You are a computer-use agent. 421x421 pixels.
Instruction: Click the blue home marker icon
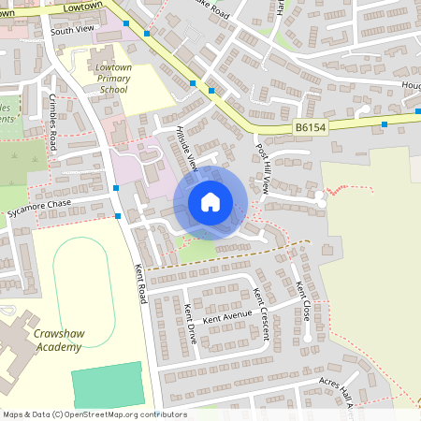pos(210,201)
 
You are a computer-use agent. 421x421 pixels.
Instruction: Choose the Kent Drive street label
pos(190,323)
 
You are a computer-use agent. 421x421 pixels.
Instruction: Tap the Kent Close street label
pos(302,299)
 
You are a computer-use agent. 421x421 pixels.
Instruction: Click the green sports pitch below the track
pos(109,385)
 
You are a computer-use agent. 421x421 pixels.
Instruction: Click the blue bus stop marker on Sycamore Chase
pos(118,216)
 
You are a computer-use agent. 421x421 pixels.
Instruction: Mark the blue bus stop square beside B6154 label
pos(385,123)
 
